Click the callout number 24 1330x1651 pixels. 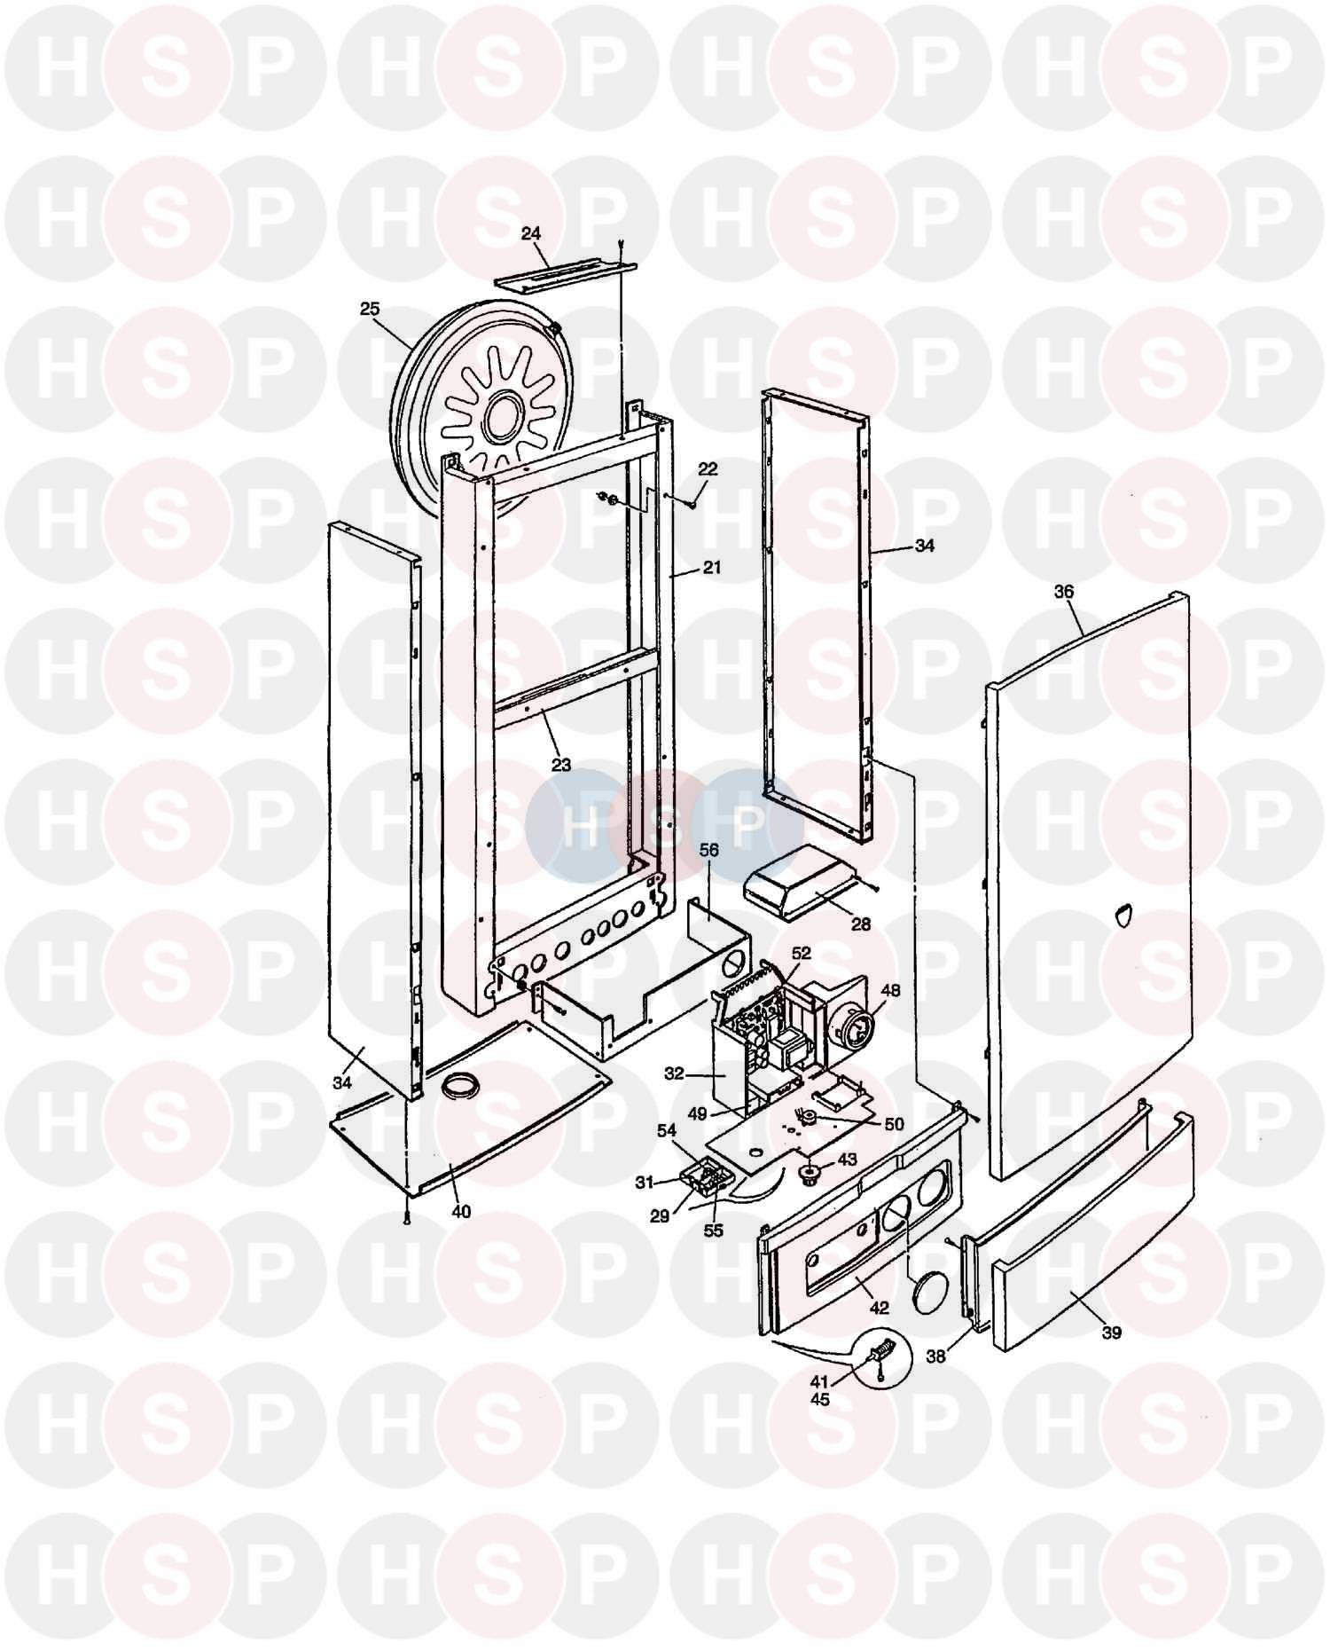530,234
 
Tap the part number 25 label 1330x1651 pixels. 370,309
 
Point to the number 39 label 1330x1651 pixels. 1111,1332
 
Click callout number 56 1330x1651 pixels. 709,849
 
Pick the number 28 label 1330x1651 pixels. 861,924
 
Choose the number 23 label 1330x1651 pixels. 560,764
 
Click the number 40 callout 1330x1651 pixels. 461,1212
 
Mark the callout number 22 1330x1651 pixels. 708,468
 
